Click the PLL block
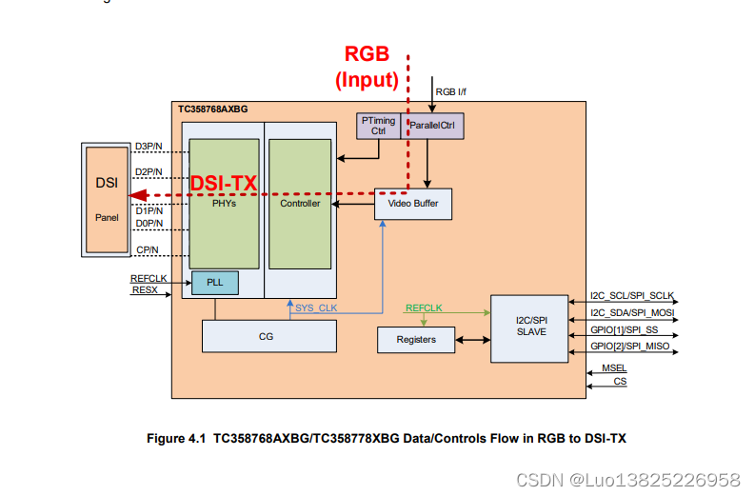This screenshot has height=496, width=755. click(x=214, y=283)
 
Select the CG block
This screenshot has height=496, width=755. click(x=268, y=336)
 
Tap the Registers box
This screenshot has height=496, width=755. click(x=415, y=339)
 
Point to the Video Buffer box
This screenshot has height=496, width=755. click(x=412, y=204)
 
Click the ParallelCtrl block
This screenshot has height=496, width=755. click(x=434, y=126)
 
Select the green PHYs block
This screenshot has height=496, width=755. click(x=224, y=203)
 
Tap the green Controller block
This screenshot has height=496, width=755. click(x=300, y=203)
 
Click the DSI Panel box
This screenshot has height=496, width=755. click(x=106, y=199)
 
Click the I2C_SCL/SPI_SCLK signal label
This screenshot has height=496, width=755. click(x=633, y=297)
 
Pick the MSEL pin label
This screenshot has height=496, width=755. click(x=614, y=368)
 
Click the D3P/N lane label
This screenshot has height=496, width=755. click(x=149, y=146)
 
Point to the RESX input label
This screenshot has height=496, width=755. click(x=144, y=289)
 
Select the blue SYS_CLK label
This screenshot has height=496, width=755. click(x=315, y=308)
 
